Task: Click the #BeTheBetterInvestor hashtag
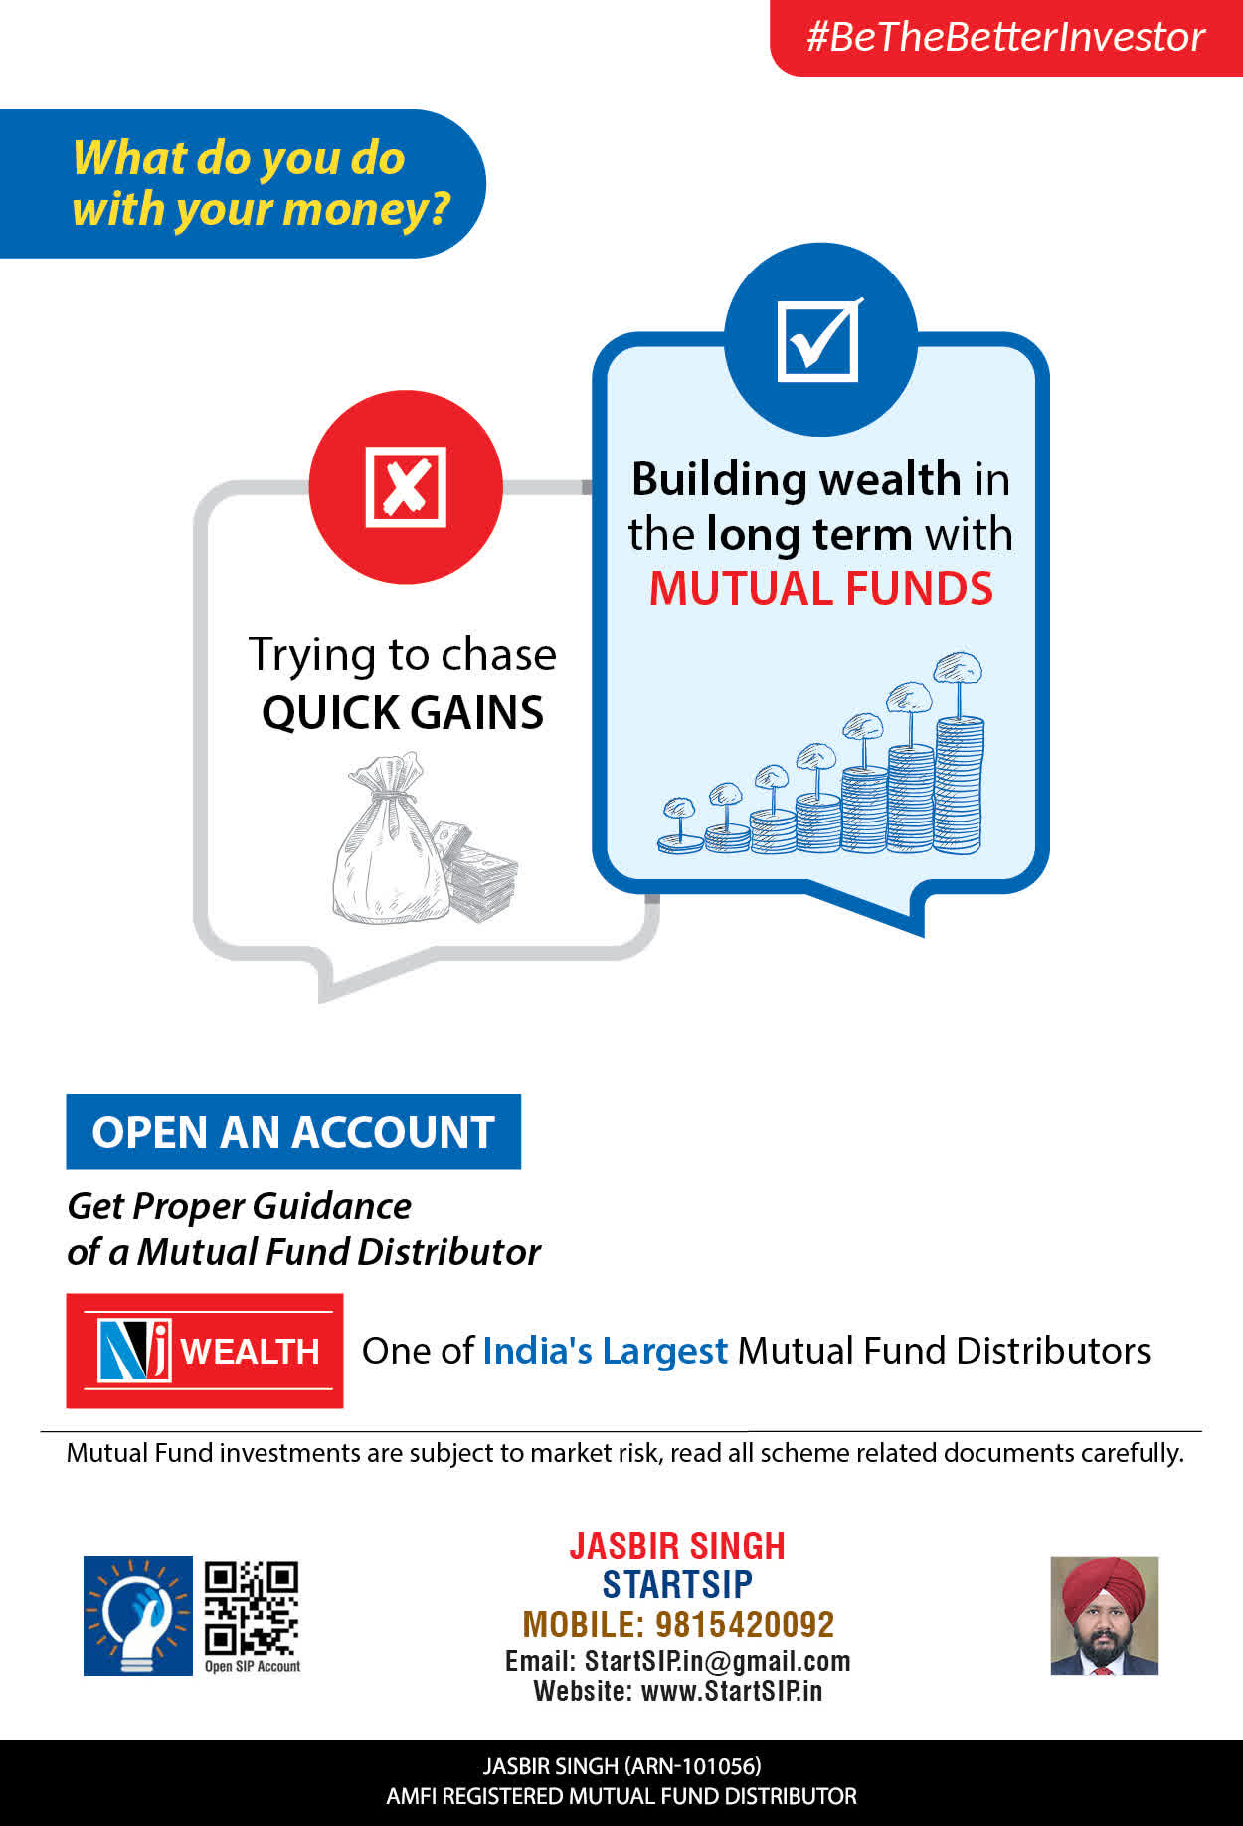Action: tap(1005, 37)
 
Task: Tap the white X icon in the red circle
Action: tap(406, 487)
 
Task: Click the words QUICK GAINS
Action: tap(403, 712)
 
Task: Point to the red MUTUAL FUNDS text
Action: tap(820, 588)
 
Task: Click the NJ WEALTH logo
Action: tap(205, 1351)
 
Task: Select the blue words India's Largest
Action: tap(605, 1351)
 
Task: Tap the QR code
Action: tap(252, 1608)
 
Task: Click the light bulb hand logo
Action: tap(137, 1615)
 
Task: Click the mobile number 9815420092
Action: tap(745, 1624)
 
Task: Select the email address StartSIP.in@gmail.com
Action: tap(717, 1661)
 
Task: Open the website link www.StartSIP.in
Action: tap(732, 1691)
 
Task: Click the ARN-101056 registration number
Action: tap(692, 1766)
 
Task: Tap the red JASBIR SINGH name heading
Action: tap(677, 1546)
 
